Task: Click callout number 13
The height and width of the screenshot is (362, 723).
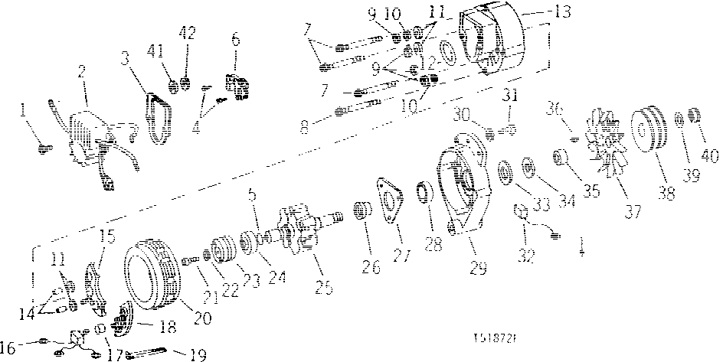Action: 542,12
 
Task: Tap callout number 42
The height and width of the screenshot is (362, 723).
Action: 187,33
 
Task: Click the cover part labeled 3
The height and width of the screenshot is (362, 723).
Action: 159,119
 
